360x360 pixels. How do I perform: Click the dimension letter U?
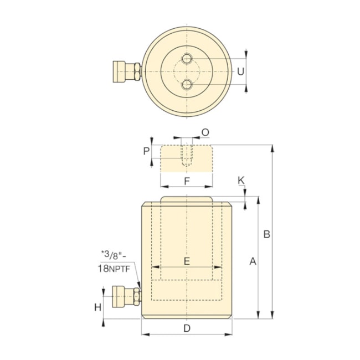[240, 71]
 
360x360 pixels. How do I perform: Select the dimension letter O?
[205, 132]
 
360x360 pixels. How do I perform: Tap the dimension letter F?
[187, 181]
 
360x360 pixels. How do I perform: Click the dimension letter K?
[240, 181]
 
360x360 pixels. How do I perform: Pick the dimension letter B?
[266, 235]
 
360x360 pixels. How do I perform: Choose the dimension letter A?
[253, 261]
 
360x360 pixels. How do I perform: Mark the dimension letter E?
[187, 261]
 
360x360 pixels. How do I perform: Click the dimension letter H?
[97, 307]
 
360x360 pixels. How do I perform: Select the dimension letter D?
[187, 328]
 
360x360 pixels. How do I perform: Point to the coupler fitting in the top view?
[126, 71]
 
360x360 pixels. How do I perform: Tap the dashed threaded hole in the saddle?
[187, 156]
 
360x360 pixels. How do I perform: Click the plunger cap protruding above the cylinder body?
[187, 200]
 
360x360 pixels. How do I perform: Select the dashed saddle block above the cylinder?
[187, 158]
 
